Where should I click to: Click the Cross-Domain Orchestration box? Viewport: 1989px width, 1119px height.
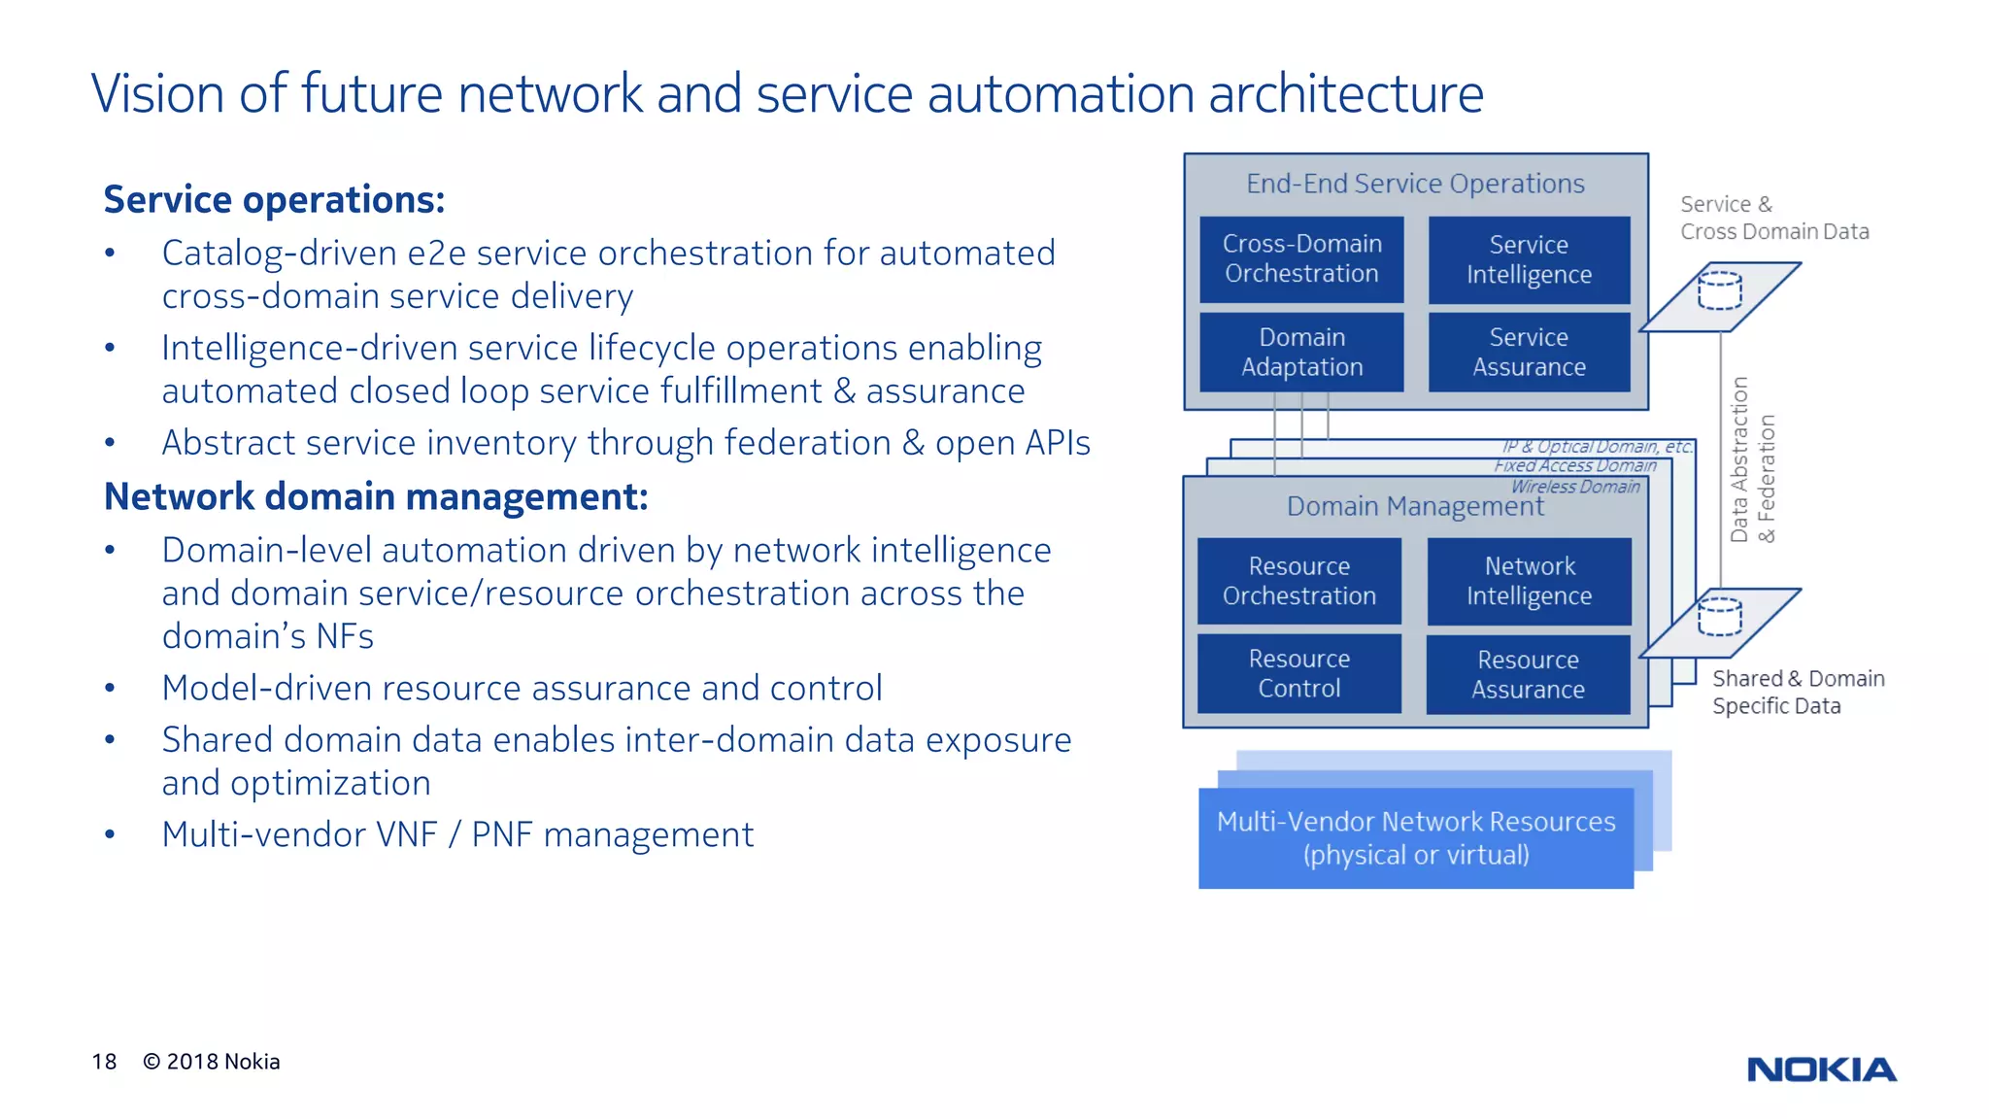[1301, 259]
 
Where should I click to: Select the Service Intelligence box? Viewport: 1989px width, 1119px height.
[1529, 259]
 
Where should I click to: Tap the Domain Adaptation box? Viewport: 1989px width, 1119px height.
[1301, 352]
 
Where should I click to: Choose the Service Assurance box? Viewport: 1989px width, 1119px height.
[1529, 352]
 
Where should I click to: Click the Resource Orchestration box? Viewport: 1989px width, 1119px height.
[1299, 581]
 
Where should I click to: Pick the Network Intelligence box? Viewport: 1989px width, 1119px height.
[1529, 581]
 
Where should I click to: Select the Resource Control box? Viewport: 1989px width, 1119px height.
[1299, 673]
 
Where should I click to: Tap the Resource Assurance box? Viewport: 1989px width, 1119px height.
[1528, 674]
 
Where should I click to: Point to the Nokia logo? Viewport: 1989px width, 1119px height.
[1821, 1069]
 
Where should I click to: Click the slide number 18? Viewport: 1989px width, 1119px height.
[104, 1062]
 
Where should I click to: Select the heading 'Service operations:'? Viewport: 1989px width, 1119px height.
[274, 199]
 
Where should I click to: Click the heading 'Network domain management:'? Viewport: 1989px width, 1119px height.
[376, 496]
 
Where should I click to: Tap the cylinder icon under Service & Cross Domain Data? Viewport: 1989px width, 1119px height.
[1719, 290]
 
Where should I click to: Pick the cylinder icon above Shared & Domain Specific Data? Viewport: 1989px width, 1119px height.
[1719, 617]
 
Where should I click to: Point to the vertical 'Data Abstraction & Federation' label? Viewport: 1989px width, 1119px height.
[1752, 460]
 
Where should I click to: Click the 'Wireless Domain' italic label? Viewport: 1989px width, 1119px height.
[1574, 487]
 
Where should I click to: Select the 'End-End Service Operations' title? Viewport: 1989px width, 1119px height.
[1415, 184]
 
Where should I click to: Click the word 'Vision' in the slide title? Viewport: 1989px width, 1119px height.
[158, 94]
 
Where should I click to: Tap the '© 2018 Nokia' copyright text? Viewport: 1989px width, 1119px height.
[212, 1062]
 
